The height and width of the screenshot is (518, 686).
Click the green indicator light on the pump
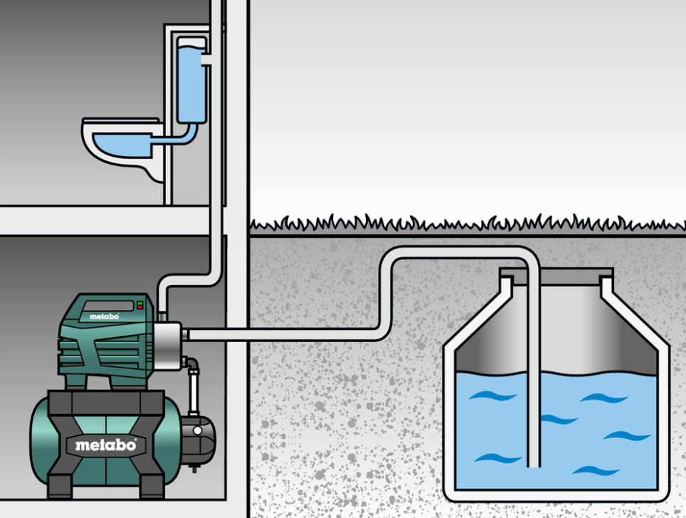pos(140,303)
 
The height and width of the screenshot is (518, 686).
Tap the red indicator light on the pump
pos(140,307)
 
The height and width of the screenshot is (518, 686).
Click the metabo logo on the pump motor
pos(104,316)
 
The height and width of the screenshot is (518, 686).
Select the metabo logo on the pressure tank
pos(105,445)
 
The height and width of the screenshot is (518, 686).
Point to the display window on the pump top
pos(108,306)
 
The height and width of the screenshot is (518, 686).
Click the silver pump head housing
pos(167,346)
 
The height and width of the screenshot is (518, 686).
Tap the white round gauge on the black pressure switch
pos(197,431)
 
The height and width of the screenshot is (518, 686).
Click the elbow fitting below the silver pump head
pos(191,363)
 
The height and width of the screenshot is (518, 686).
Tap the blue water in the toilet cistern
pos(191,83)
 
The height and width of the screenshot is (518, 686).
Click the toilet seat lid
pos(121,120)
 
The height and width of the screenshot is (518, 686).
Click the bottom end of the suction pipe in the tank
pos(534,465)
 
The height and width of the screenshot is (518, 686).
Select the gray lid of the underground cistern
pos(556,276)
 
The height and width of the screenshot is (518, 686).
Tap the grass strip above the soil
pos(468,223)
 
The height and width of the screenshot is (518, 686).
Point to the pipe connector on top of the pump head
pos(162,316)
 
